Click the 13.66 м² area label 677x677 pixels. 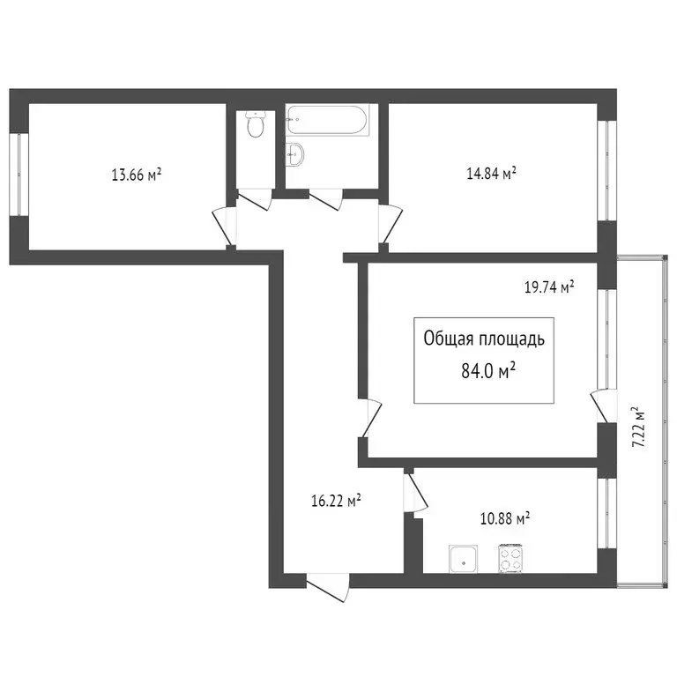[136, 175]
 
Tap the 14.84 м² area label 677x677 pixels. [491, 174]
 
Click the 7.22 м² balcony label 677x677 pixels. [639, 428]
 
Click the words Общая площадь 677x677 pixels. [485, 339]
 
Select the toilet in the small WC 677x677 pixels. [255, 126]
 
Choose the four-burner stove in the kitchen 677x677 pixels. [512, 556]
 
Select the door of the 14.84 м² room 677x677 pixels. [387, 223]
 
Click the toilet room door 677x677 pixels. [253, 197]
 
